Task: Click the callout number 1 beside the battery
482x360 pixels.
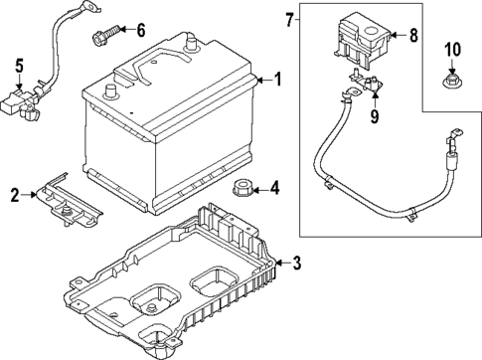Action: pyautogui.click(x=278, y=80)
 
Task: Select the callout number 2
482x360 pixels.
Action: pyautogui.click(x=15, y=195)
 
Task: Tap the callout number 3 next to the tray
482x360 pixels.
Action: pyautogui.click(x=295, y=263)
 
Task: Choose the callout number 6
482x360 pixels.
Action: pyautogui.click(x=140, y=31)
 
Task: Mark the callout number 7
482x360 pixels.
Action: pyautogui.click(x=288, y=21)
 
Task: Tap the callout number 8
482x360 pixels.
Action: pyautogui.click(x=414, y=36)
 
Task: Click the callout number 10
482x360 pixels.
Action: pyautogui.click(x=452, y=49)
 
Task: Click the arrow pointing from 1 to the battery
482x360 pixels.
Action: pyautogui.click(x=262, y=80)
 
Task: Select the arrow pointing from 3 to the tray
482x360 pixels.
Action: pyautogui.click(x=281, y=263)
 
